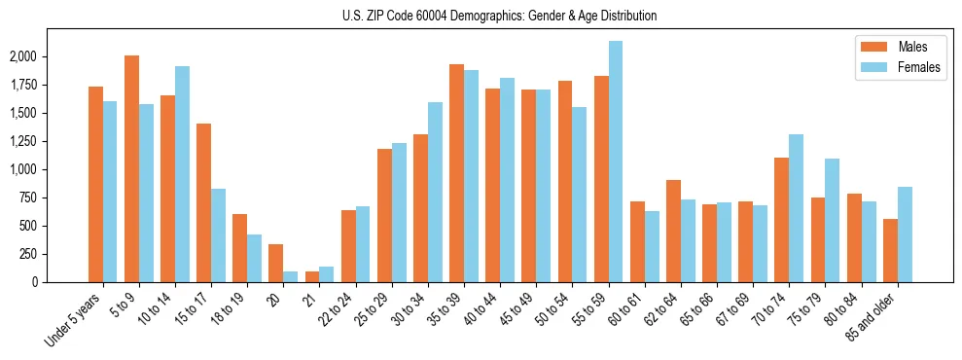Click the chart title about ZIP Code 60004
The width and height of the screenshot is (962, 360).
(499, 16)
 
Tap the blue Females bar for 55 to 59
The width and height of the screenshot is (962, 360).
(616, 162)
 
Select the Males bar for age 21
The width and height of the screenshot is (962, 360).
(312, 276)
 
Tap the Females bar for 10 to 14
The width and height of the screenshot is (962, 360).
(182, 174)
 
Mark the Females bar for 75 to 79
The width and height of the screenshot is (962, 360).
(832, 220)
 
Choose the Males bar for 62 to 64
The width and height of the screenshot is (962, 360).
(673, 231)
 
